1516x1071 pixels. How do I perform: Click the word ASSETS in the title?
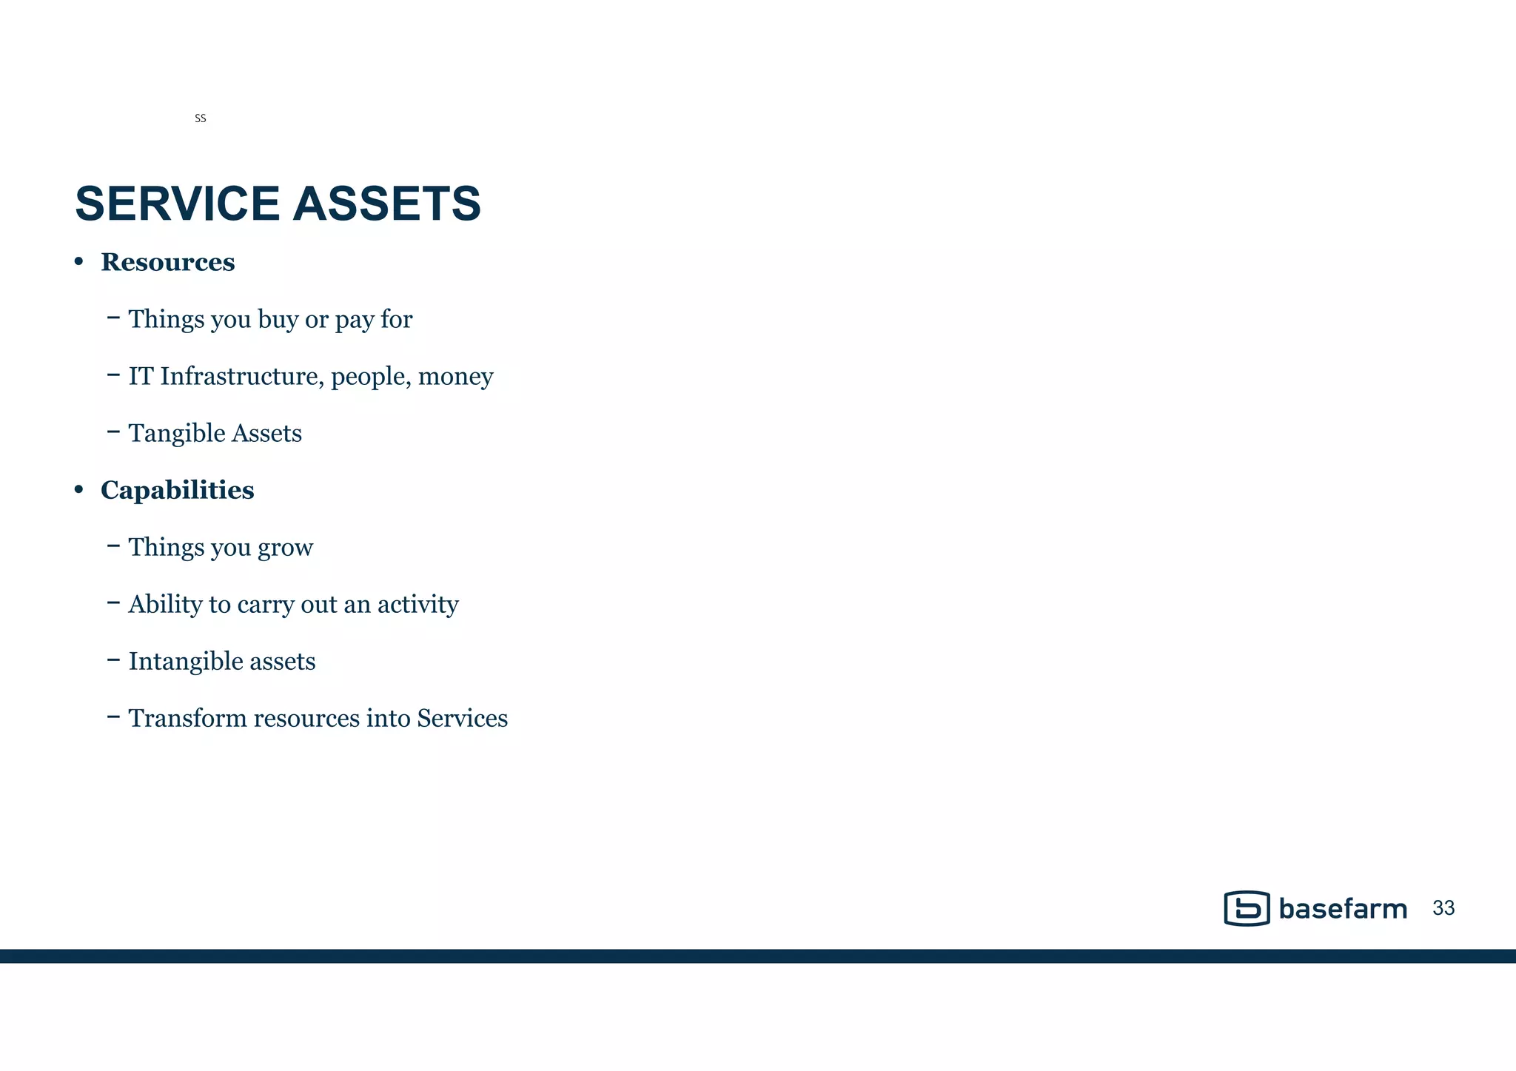(x=387, y=204)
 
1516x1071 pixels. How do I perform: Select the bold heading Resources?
(x=168, y=262)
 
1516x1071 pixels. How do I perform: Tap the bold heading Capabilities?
(x=178, y=490)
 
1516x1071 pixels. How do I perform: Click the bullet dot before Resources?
(x=78, y=262)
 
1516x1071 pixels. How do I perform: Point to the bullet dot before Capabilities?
(x=78, y=490)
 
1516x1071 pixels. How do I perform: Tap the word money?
(x=455, y=376)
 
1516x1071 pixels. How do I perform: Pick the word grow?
(x=285, y=548)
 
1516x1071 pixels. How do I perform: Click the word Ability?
(x=165, y=604)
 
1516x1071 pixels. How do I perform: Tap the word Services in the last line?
(x=462, y=718)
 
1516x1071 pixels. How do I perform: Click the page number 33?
(x=1443, y=908)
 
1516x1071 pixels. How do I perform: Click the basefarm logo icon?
(x=1247, y=908)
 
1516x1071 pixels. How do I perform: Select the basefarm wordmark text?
(x=1342, y=909)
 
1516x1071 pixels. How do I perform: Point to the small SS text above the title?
(x=200, y=118)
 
